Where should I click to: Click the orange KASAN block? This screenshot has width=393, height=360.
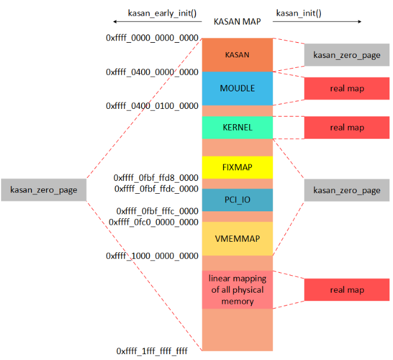click(237, 54)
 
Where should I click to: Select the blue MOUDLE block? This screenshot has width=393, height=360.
click(237, 88)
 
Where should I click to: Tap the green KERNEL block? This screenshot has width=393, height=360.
click(237, 128)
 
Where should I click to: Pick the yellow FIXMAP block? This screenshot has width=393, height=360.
click(237, 167)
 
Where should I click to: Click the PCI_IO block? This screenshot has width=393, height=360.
click(237, 200)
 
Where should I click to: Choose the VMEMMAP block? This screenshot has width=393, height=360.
click(237, 239)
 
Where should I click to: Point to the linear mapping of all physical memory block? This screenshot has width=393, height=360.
click(237, 290)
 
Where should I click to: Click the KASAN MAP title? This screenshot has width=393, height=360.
click(237, 22)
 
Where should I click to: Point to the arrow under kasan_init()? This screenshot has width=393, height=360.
click(317, 22)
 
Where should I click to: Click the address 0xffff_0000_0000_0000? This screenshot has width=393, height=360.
click(152, 38)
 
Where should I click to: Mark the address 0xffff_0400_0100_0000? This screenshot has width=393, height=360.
click(152, 106)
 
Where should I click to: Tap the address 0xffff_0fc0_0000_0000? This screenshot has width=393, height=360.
click(153, 222)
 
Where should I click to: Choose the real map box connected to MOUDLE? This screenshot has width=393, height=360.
click(347, 88)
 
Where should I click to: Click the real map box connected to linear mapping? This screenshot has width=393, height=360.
click(347, 290)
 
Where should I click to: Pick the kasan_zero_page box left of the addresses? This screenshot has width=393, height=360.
click(43, 190)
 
